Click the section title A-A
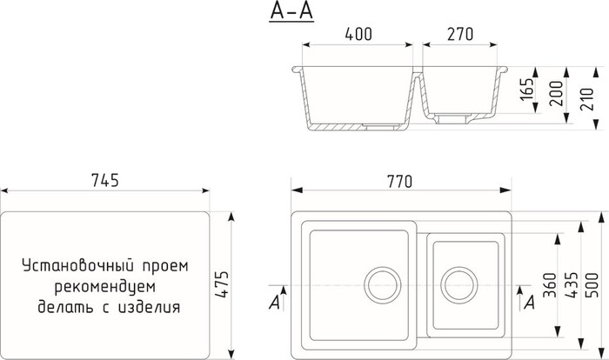[x=288, y=13]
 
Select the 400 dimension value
[x=358, y=36]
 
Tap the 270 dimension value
[x=459, y=36]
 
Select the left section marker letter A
[x=275, y=302]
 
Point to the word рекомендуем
[x=104, y=285]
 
